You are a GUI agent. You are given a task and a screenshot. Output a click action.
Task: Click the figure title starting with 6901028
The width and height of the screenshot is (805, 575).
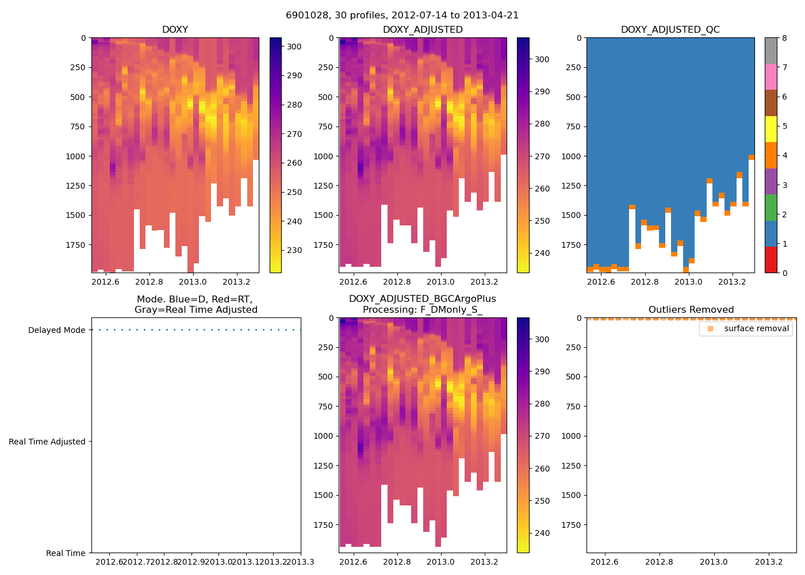tap(402, 16)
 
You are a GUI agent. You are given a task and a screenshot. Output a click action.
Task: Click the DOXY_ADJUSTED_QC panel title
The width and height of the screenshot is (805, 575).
tap(670, 30)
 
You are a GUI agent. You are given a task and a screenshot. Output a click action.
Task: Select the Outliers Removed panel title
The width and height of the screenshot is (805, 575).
tap(691, 310)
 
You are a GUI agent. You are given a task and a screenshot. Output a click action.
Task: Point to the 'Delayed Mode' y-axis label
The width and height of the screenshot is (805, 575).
tap(56, 330)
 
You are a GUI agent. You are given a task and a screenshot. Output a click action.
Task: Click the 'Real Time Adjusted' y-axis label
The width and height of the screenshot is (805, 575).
tap(47, 442)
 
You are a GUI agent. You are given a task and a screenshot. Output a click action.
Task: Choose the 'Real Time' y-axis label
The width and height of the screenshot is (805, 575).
tap(66, 553)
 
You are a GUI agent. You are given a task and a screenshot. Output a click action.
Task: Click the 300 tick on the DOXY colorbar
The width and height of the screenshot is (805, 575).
tap(294, 47)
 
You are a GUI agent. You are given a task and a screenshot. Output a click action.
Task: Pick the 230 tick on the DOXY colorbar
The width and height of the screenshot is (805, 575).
tap(294, 250)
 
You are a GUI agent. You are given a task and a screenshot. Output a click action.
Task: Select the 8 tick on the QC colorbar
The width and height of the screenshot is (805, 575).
tap(784, 38)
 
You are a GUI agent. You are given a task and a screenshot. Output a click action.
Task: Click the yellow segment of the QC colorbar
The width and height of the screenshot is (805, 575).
tap(770, 129)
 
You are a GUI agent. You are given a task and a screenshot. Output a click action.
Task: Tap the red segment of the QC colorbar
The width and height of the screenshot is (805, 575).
tap(770, 260)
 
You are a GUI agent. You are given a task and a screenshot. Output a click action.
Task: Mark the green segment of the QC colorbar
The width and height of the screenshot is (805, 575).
tap(770, 208)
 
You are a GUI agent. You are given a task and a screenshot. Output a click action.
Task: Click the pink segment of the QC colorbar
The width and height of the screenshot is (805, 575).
tap(770, 77)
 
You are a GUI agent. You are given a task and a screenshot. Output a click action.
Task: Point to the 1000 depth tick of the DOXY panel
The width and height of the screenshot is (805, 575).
tap(75, 156)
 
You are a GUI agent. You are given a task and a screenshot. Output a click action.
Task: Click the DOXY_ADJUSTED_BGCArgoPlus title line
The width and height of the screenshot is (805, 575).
tap(422, 299)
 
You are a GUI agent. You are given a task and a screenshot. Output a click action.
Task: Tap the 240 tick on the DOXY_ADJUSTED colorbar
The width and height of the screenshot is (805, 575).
tap(542, 253)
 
